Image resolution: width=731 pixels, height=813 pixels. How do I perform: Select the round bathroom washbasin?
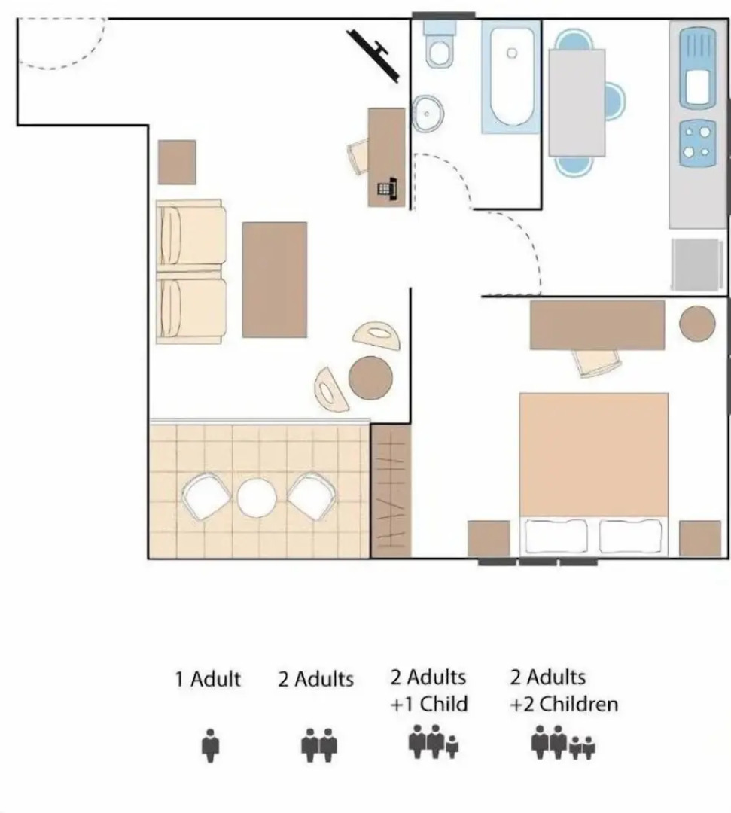click(x=428, y=114)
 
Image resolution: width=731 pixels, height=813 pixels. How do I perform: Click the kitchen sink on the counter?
click(x=696, y=67)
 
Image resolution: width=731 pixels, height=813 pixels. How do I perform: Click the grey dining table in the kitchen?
click(x=577, y=102)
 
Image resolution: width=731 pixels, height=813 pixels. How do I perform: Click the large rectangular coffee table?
click(x=275, y=279)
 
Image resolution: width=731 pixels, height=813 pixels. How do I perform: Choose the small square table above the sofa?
click(x=177, y=162)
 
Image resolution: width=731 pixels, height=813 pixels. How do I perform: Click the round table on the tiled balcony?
click(x=257, y=498)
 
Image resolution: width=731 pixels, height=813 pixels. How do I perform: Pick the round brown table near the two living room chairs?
click(x=370, y=377)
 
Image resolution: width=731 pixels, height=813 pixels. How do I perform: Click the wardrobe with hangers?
click(x=391, y=491)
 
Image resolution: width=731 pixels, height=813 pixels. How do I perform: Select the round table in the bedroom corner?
click(x=697, y=324)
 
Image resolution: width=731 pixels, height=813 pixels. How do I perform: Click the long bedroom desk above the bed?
click(x=597, y=324)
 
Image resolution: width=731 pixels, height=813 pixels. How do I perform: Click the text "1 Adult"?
click(x=208, y=679)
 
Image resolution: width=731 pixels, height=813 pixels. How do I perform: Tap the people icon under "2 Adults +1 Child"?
click(x=434, y=742)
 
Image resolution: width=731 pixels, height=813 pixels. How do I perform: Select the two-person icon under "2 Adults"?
click(x=319, y=746)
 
